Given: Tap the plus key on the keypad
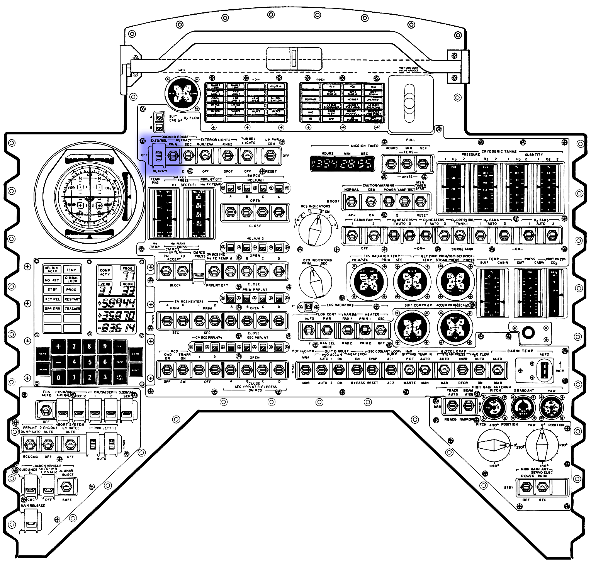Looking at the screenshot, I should (x=58, y=346).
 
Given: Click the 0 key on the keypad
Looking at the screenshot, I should (x=58, y=377).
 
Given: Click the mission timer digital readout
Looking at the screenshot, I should (x=342, y=164).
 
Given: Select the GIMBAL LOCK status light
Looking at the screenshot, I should (x=72, y=279).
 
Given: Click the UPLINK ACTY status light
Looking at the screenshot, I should (x=52, y=270).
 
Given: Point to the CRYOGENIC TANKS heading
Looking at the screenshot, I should (x=499, y=151).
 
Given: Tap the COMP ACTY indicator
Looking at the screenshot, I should (x=105, y=272).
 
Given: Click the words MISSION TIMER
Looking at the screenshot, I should (x=364, y=146).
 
